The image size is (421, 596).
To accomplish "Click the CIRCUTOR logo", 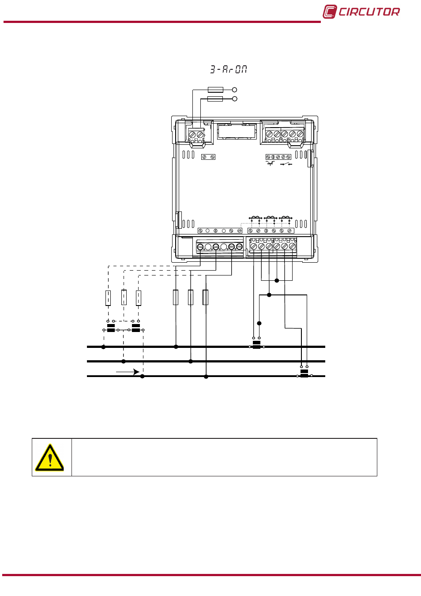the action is pyautogui.click(x=361, y=12).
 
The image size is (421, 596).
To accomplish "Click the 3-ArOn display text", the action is pyautogui.click(x=229, y=69).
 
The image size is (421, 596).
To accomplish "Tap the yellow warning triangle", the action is pyautogui.click(x=49, y=457).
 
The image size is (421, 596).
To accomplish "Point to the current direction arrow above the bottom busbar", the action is pyautogui.click(x=128, y=372).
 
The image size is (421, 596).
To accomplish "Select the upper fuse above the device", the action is pyautogui.click(x=215, y=90).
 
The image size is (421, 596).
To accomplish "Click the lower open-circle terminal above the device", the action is pyautogui.click(x=235, y=99).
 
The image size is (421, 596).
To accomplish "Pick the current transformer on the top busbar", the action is pyautogui.click(x=256, y=344).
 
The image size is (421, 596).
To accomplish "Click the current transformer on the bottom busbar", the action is pyautogui.click(x=304, y=373).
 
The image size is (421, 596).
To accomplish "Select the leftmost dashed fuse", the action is pyautogui.click(x=108, y=298).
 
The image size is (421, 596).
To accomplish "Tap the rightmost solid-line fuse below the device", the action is pyautogui.click(x=206, y=297).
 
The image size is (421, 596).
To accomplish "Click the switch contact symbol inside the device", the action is pyautogui.click(x=286, y=164).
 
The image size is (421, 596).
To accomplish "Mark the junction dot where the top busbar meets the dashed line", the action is pyautogui.click(x=103, y=347).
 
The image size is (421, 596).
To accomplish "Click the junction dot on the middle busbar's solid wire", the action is pyautogui.click(x=191, y=361).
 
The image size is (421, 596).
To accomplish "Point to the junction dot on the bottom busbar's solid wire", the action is pyautogui.click(x=206, y=377).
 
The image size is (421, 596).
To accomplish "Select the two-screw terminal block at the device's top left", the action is pyautogui.click(x=196, y=136).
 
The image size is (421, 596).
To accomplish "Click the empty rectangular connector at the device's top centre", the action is pyautogui.click(x=237, y=131).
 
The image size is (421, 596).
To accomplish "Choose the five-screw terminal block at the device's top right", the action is pyautogui.click(x=285, y=135).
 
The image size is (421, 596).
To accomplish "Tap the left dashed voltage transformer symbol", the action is pyautogui.click(x=111, y=328).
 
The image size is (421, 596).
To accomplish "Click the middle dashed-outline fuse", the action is pyautogui.click(x=124, y=297).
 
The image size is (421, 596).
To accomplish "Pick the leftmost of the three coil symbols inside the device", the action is pyautogui.click(x=256, y=218).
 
